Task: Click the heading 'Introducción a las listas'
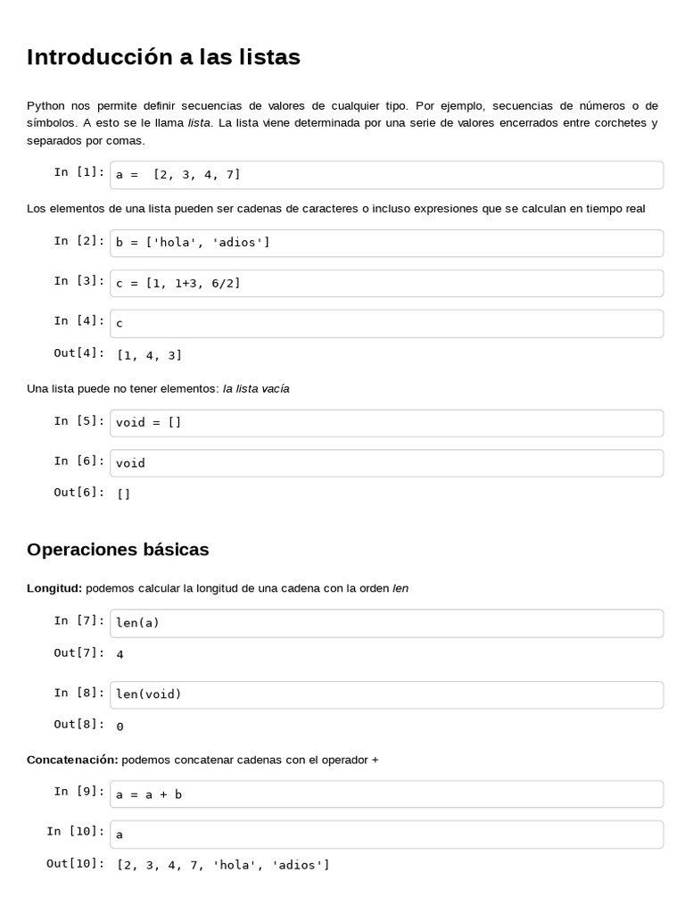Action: [x=163, y=57]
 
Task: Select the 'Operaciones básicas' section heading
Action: [x=118, y=549]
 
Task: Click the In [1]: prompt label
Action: [x=78, y=171]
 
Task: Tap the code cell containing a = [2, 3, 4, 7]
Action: [x=386, y=175]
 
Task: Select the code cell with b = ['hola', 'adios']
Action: [x=386, y=243]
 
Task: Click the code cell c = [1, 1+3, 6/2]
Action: [x=386, y=283]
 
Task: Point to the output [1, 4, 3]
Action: [x=149, y=355]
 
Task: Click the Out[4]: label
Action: [x=78, y=353]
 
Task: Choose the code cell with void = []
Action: [x=386, y=423]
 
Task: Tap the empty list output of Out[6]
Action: [x=123, y=493]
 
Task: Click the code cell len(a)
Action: [x=386, y=623]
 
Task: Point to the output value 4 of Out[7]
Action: [x=120, y=654]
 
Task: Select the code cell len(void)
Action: [x=386, y=694]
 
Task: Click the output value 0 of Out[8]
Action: [x=120, y=726]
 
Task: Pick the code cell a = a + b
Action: [x=386, y=794]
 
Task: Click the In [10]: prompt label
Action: [x=75, y=831]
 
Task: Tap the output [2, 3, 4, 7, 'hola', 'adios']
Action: [x=223, y=864]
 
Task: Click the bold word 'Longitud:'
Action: [x=54, y=588]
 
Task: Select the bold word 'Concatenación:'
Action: [x=72, y=760]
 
